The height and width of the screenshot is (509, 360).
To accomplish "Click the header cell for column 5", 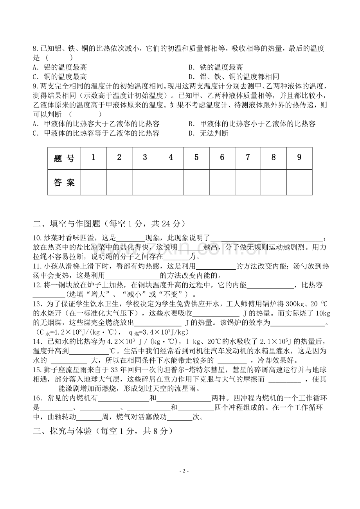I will [x=196, y=158].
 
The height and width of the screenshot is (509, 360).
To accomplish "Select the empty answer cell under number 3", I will [x=145, y=182].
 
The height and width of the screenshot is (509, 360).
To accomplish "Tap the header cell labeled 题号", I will [x=64, y=158].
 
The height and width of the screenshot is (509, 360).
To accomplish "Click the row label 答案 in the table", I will [x=64, y=182].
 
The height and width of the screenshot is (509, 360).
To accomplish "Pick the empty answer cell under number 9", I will [x=299, y=182].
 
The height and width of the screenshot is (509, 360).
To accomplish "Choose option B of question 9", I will [x=252, y=124].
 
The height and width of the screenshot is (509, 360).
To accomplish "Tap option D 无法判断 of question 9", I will [x=208, y=133].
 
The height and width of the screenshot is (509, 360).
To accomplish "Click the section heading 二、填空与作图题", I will [x=108, y=224].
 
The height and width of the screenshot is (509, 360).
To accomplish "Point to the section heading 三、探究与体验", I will [x=102, y=431].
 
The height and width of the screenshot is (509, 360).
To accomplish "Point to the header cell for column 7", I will [x=248, y=158].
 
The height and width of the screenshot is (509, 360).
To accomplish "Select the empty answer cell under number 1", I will [x=94, y=182].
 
